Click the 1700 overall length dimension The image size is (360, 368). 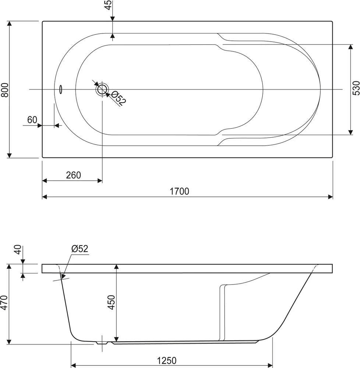click(x=179, y=191)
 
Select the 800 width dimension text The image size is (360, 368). click(x=5, y=89)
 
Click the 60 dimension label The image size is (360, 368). click(x=32, y=120)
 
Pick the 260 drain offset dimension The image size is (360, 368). click(x=73, y=175)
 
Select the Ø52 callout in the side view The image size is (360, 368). click(x=80, y=249)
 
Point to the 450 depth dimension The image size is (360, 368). click(x=112, y=303)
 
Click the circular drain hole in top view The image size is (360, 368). click(x=102, y=89)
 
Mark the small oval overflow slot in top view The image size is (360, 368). click(x=61, y=89)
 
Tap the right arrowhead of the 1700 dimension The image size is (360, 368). click(x=331, y=197)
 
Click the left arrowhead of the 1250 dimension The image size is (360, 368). click(x=73, y=365)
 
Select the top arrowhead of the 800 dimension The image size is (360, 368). click(x=10, y=24)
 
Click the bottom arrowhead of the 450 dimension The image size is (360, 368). click(x=116, y=339)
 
